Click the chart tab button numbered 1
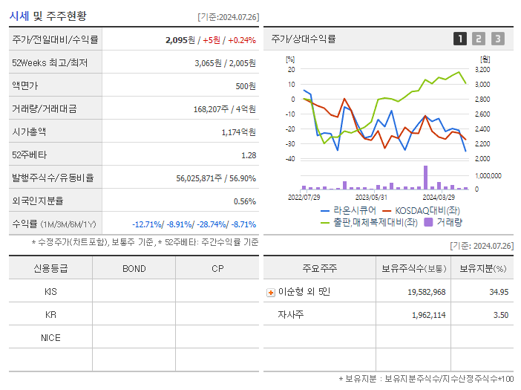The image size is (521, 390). point(460,39)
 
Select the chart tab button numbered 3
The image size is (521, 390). point(497,39)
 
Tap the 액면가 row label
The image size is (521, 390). point(24,85)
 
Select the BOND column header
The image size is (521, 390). point(134,268)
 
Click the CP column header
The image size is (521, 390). point(217,268)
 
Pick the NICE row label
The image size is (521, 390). point(50,337)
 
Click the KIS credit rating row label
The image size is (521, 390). point(50,292)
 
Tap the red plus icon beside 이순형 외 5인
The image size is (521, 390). point(271,292)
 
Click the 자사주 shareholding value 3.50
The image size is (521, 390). point(500,315)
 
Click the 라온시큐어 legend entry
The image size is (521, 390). point(350,210)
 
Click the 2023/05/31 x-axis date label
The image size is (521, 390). point(371,197)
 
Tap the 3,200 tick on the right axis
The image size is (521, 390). point(483,69)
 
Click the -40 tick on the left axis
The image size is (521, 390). point(290,159)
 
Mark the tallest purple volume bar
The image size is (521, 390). point(425,177)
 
